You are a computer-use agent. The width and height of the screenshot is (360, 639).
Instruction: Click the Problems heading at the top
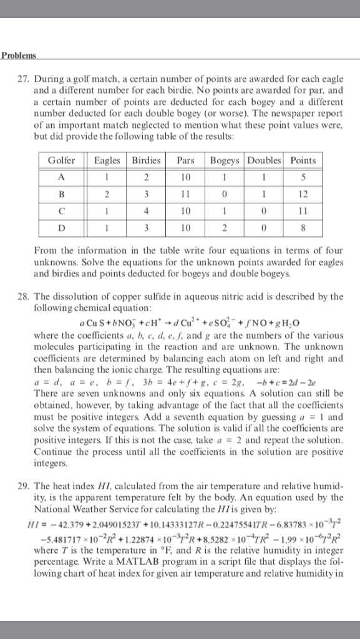pos(19,55)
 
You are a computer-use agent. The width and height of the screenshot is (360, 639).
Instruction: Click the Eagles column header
pos(107,160)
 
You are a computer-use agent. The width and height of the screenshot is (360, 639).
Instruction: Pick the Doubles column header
pos(265,160)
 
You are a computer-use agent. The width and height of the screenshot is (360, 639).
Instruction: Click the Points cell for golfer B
pos(303,193)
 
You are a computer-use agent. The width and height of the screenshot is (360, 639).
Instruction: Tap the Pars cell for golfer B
pos(185,193)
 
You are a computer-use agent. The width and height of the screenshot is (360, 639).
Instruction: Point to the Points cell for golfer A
pos(303,177)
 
